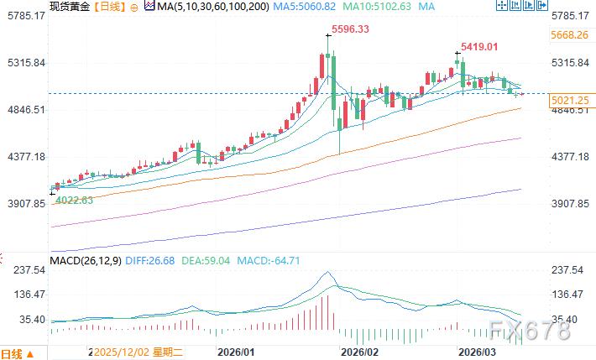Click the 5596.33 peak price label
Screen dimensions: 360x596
pyautogui.click(x=349, y=29)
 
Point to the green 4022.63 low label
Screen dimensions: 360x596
pyautogui.click(x=76, y=200)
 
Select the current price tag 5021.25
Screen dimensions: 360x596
pyautogui.click(x=570, y=101)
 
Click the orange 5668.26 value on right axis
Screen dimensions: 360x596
pyautogui.click(x=570, y=35)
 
